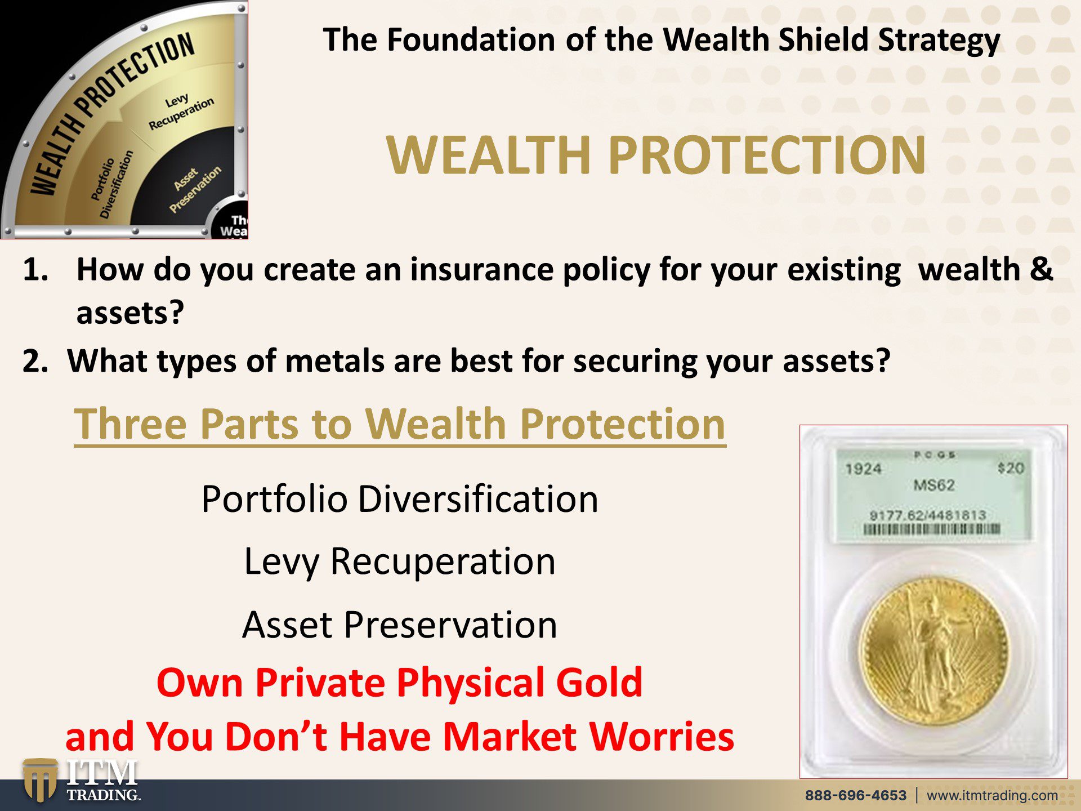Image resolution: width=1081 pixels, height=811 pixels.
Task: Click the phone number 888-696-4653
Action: [x=855, y=795]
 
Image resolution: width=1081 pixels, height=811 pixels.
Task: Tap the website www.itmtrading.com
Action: [x=992, y=796]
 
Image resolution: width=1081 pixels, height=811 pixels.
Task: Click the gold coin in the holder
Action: [x=934, y=652]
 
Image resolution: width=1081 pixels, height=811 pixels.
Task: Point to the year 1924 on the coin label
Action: [x=863, y=469]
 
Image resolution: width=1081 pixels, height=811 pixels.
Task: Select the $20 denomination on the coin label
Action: [x=1011, y=468]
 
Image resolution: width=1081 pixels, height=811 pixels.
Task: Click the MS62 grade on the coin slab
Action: [x=934, y=485]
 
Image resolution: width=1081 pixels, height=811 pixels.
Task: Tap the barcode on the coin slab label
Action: [x=932, y=529]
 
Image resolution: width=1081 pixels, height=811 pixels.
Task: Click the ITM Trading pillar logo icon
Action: [x=40, y=780]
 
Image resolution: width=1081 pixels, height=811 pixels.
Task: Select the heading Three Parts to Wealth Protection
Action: [x=400, y=425]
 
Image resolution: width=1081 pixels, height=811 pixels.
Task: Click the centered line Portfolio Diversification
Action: [x=400, y=499]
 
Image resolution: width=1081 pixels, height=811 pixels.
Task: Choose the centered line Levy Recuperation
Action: [x=400, y=562]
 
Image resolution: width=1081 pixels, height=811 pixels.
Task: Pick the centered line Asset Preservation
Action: [x=400, y=625]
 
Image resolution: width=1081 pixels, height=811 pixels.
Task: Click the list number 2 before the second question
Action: [x=35, y=361]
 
